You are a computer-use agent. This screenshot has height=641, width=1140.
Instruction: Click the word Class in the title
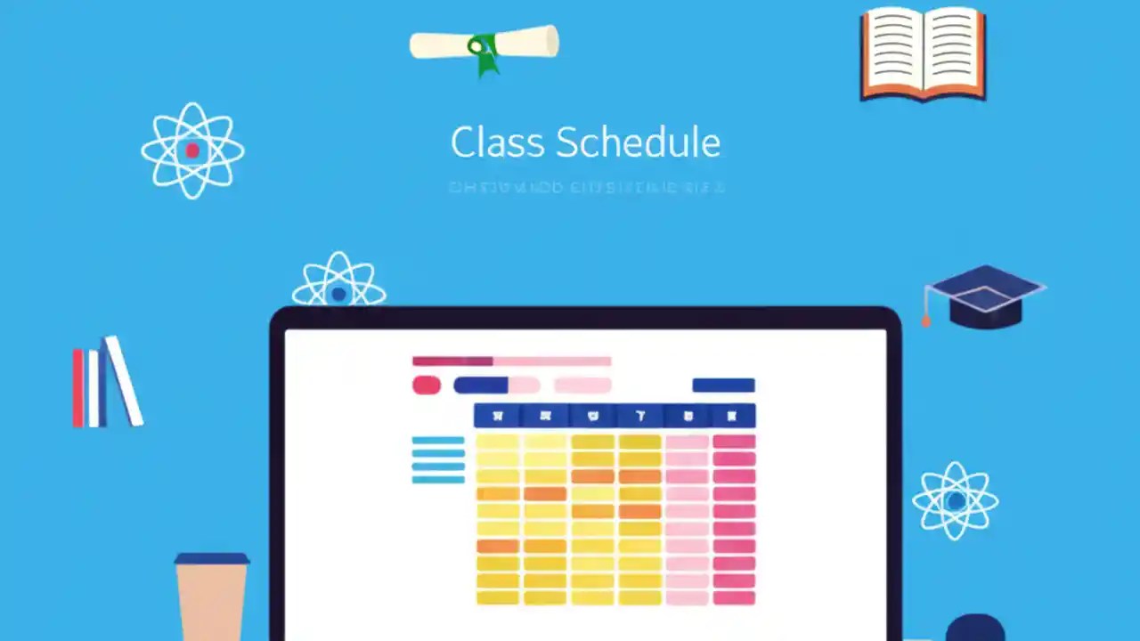point(497,143)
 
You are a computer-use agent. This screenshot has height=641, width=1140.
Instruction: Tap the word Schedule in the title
point(638,143)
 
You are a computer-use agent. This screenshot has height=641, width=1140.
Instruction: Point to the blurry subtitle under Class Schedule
point(586,188)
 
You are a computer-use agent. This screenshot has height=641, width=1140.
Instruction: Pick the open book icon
point(923,54)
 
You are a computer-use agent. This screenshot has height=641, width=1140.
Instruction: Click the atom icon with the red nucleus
point(192,150)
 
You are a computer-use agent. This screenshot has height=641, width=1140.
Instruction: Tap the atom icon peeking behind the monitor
point(338,283)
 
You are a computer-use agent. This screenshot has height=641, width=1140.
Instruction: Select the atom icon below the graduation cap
point(956,500)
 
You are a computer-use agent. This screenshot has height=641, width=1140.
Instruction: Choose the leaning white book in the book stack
point(124,380)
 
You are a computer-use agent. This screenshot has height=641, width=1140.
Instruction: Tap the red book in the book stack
point(78,387)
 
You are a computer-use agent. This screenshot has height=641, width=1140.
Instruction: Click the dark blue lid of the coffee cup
point(212,559)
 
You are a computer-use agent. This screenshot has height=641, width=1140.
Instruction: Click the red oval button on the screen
point(427,385)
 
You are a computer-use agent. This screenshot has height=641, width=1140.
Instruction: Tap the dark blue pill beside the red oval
point(481,385)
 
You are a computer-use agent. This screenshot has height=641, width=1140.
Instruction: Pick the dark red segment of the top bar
point(452,361)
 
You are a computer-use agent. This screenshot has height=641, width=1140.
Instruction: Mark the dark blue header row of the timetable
point(615,416)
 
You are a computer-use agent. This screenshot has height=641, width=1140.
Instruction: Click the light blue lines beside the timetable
point(438,459)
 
